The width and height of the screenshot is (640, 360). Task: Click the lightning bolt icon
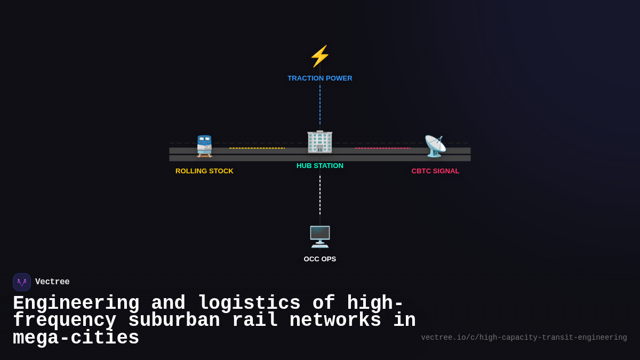[x=320, y=57]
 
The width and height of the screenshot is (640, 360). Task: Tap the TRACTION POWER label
[x=320, y=78]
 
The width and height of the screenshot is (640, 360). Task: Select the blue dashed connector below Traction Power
[x=320, y=105]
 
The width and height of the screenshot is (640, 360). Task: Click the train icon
[x=204, y=146]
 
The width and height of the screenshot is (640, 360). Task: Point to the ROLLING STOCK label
[x=204, y=171]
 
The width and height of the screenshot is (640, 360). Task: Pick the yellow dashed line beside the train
[x=257, y=148]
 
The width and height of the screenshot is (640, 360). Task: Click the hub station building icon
[x=320, y=142]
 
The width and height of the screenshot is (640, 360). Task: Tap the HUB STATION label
[x=320, y=166]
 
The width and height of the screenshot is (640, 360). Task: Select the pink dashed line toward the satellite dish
[x=382, y=148]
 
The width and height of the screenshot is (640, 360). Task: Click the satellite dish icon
[x=435, y=146]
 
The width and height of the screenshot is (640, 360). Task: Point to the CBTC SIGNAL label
[x=435, y=171]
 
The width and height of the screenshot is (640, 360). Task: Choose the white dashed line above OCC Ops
[x=320, y=195]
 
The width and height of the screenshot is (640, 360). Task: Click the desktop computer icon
[x=320, y=237]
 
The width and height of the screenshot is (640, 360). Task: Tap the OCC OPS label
[x=320, y=259]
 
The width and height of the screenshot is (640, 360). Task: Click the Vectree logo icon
[x=22, y=282]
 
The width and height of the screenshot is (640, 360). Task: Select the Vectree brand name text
[x=52, y=282]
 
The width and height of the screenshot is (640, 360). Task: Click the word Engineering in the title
[x=76, y=303]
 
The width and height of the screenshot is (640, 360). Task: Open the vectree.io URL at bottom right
[x=524, y=338]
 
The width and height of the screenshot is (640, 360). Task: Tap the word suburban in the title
[x=174, y=321]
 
